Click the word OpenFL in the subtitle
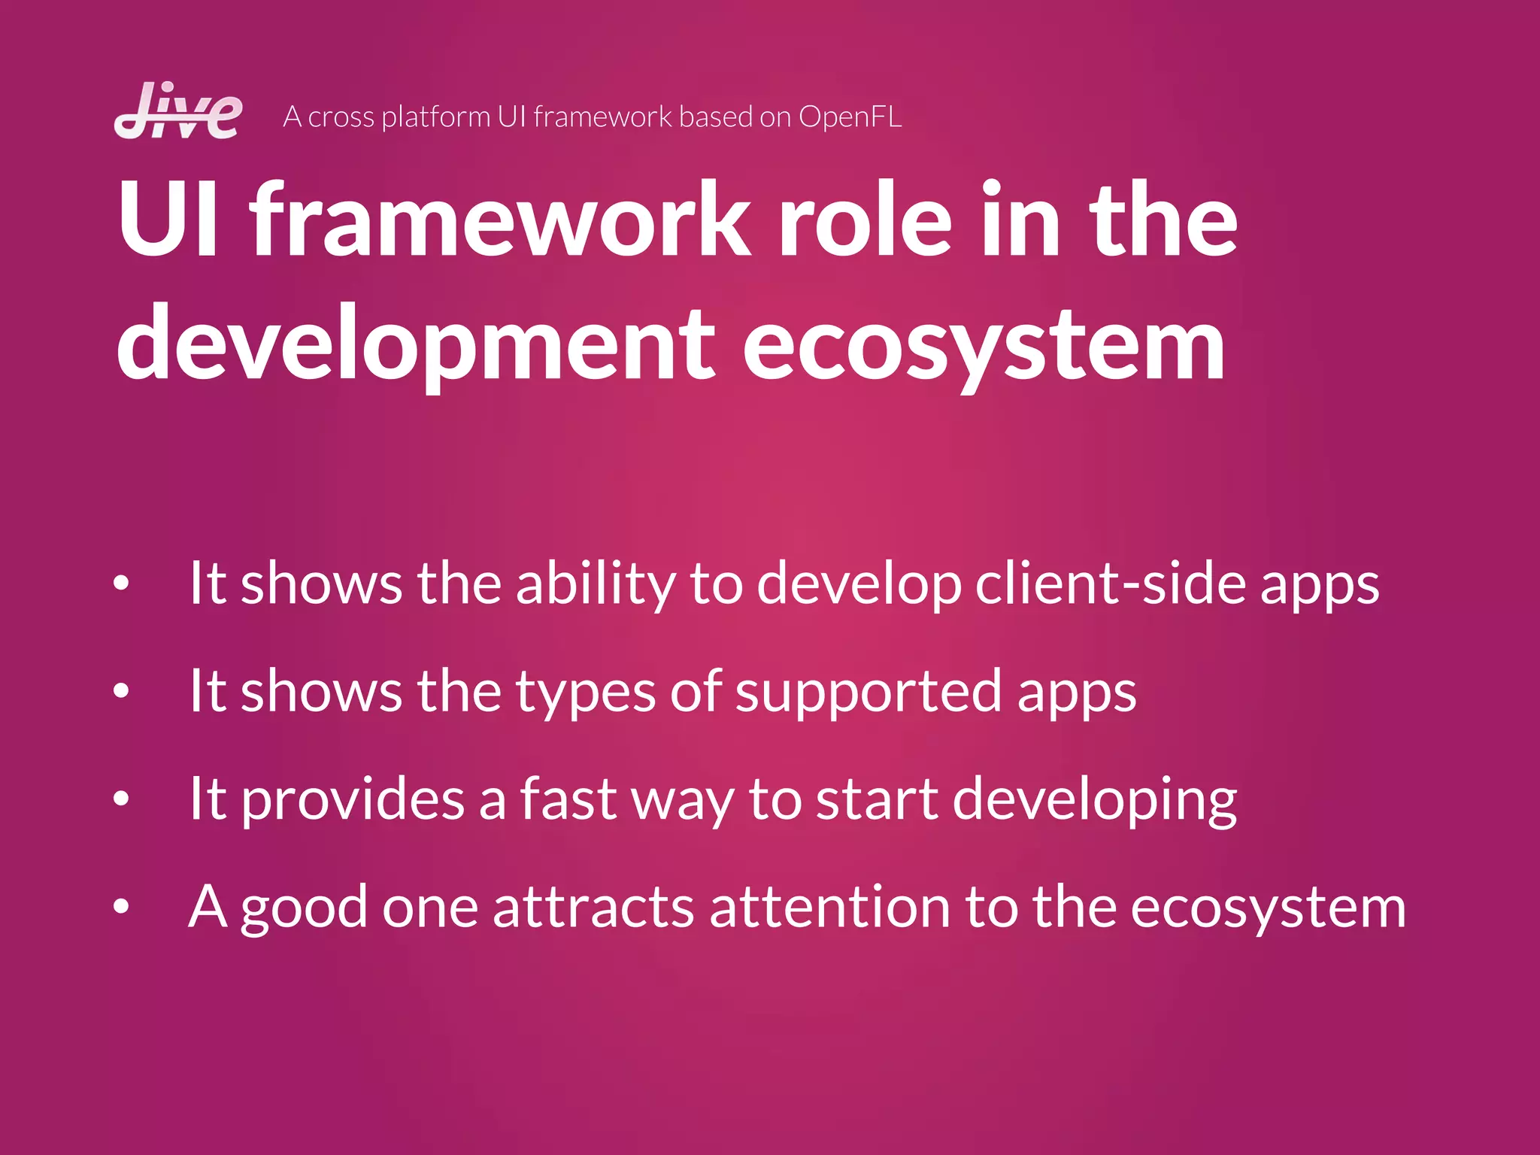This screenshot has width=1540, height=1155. point(850,117)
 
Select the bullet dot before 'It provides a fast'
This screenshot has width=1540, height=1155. point(121,799)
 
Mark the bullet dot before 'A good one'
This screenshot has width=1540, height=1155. point(121,906)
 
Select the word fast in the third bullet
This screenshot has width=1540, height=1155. point(568,799)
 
